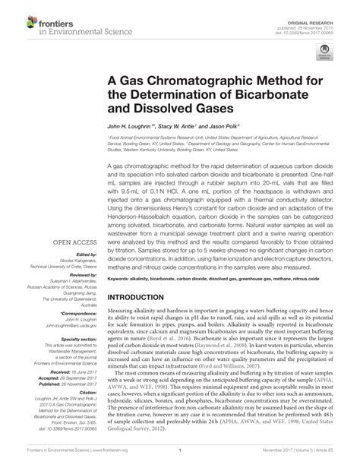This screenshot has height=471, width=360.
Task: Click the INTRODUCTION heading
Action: tap(142, 275)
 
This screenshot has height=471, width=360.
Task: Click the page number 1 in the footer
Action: tap(180, 460)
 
